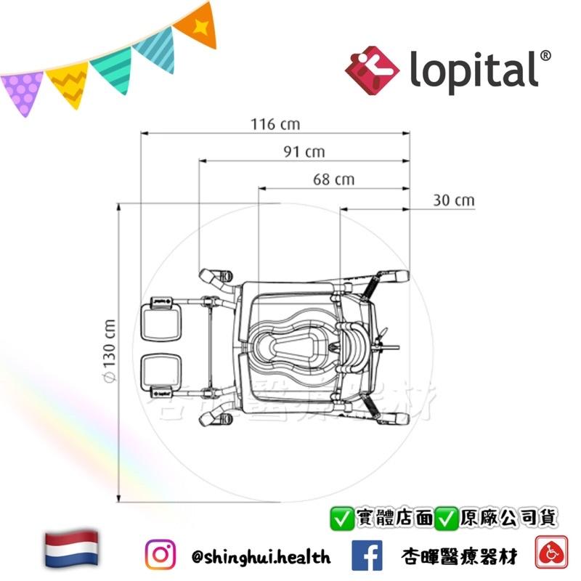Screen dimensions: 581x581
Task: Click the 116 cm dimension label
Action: tap(275, 124)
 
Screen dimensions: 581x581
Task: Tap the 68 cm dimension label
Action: tap(334, 179)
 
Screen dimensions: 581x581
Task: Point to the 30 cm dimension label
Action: tap(453, 200)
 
